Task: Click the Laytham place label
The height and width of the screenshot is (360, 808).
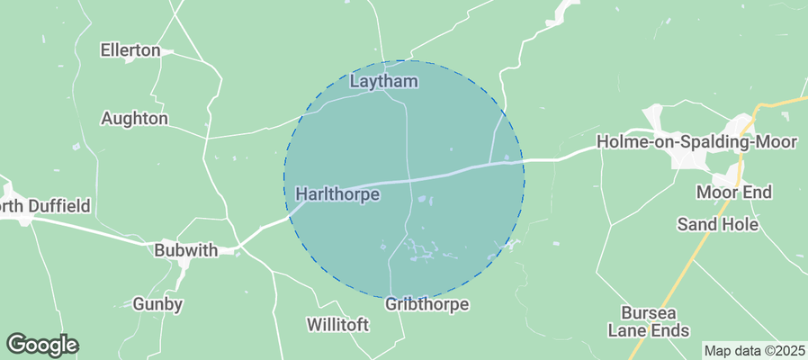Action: click(x=383, y=82)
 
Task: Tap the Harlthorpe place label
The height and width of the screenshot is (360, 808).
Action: click(x=337, y=193)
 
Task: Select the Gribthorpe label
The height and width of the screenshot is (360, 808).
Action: click(x=426, y=304)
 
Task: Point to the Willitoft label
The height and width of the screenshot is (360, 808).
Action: click(x=337, y=324)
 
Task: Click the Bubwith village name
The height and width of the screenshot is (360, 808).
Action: click(x=186, y=250)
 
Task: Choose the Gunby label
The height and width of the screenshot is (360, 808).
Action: click(x=157, y=304)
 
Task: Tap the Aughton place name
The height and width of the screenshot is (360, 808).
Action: click(x=134, y=118)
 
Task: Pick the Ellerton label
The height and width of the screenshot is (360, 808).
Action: click(x=130, y=50)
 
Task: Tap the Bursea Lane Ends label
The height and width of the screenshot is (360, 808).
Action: click(x=655, y=321)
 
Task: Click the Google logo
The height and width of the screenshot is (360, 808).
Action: click(x=42, y=344)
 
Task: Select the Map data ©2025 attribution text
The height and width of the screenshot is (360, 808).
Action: click(x=754, y=350)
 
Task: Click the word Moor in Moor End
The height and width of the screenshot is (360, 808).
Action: click(x=715, y=193)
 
